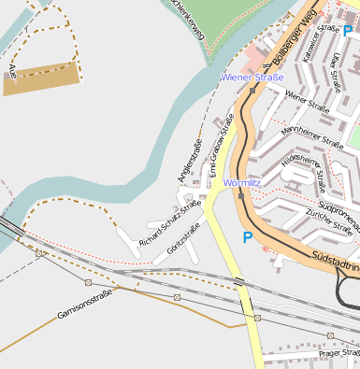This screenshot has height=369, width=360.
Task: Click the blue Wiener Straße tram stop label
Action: tap(252, 77)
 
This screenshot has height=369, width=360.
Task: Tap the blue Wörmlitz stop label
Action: tap(241, 183)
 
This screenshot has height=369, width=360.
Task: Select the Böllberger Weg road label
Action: tap(292, 41)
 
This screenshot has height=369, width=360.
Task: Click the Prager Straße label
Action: tap(338, 353)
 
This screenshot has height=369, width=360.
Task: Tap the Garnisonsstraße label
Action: tap(84, 302)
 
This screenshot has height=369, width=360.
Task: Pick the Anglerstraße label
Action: tap(190, 160)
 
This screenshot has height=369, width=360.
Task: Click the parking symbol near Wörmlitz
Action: tap(247, 237)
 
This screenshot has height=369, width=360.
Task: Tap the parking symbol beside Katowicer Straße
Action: tap(347, 31)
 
